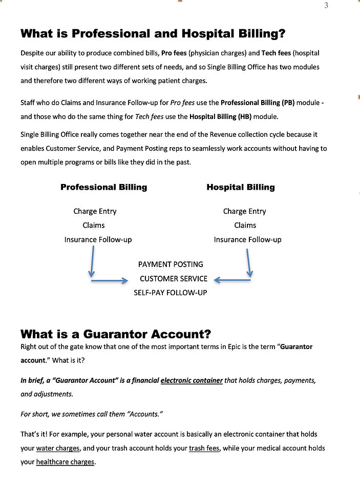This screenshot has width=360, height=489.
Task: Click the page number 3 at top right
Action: pyautogui.click(x=326, y=6)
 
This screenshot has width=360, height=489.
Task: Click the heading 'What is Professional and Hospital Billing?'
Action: pyautogui.click(x=153, y=34)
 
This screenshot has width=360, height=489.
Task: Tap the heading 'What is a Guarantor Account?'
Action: pyautogui.click(x=116, y=334)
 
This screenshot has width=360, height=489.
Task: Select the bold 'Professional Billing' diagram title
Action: pyautogui.click(x=103, y=187)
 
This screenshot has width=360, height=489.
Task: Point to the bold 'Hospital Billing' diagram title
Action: pyautogui.click(x=240, y=187)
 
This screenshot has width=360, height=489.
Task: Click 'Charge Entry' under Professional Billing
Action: pyautogui.click(x=95, y=211)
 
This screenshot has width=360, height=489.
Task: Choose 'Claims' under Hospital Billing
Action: pyautogui.click(x=245, y=225)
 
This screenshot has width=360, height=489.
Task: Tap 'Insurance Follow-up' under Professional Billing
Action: pyautogui.click(x=98, y=239)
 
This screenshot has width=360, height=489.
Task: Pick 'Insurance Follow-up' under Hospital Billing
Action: pyautogui.click(x=247, y=239)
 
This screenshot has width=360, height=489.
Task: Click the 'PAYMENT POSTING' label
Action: pyautogui.click(x=171, y=264)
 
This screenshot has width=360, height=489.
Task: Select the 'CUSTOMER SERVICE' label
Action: pyautogui.click(x=174, y=279)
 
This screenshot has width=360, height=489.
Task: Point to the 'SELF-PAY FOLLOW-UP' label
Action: pyautogui.click(x=171, y=293)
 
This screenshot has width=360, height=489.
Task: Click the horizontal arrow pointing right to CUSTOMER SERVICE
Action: pyautogui.click(x=109, y=280)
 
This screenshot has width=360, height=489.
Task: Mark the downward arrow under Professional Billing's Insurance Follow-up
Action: pyautogui.click(x=92, y=262)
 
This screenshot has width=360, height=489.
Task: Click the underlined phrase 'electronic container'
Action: pyautogui.click(x=192, y=380)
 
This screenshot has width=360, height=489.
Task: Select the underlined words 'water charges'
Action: pyautogui.click(x=57, y=448)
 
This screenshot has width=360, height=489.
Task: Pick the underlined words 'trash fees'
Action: pyautogui.click(x=204, y=448)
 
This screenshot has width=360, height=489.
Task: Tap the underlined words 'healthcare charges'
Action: pyautogui.click(x=65, y=462)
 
